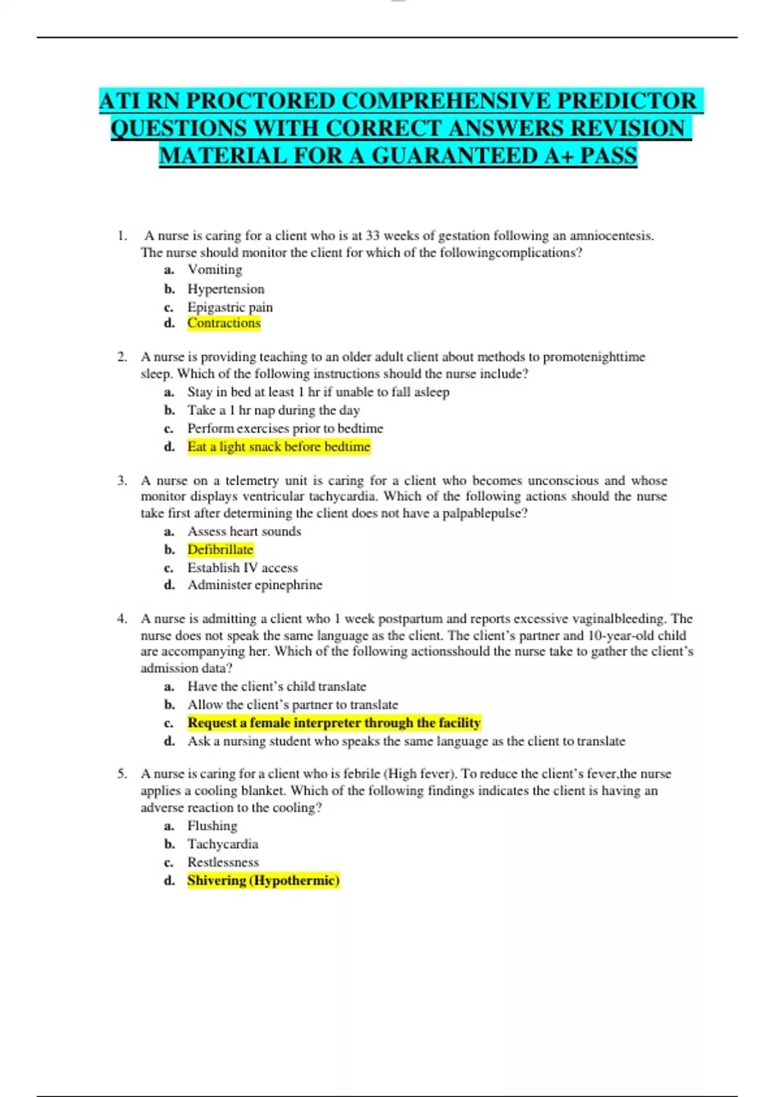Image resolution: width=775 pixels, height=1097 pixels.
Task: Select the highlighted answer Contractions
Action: [x=224, y=323]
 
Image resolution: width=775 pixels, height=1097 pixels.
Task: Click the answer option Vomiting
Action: [x=214, y=270]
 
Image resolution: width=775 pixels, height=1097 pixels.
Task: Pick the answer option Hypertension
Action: [x=225, y=289]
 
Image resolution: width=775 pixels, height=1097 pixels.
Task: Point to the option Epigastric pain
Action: [x=230, y=307]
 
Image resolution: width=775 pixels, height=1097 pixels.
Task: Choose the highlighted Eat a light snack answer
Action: [x=278, y=447]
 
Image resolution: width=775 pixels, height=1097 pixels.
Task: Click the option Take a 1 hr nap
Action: [x=273, y=410]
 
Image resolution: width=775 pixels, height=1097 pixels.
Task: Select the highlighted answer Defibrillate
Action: [x=220, y=550]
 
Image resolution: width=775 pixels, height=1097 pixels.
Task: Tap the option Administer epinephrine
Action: [x=254, y=585]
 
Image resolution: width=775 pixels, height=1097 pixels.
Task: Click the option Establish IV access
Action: [x=242, y=568]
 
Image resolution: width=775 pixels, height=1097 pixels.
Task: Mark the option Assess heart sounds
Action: [x=244, y=532]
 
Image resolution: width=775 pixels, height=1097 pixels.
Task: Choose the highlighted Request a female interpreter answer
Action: [x=334, y=723]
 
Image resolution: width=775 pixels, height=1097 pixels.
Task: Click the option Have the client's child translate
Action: [x=276, y=687]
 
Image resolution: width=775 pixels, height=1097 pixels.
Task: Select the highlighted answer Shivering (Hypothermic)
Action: [x=263, y=880]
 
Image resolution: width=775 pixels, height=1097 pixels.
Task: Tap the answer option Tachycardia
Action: [x=222, y=844]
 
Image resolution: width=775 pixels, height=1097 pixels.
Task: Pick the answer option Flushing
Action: [x=212, y=826]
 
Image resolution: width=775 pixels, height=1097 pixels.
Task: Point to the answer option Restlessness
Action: [x=223, y=862]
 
